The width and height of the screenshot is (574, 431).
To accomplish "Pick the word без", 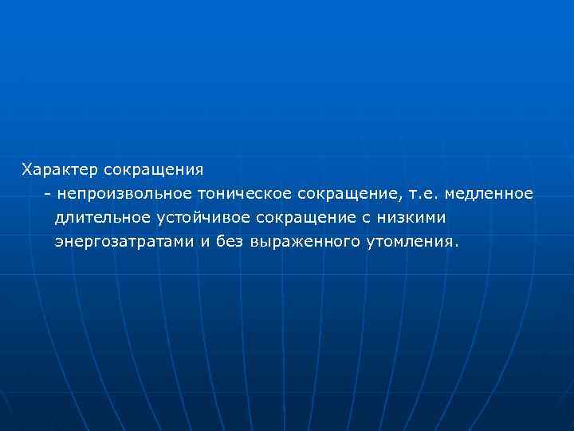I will [x=231, y=242].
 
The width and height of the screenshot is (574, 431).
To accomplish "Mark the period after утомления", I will [x=457, y=245].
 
